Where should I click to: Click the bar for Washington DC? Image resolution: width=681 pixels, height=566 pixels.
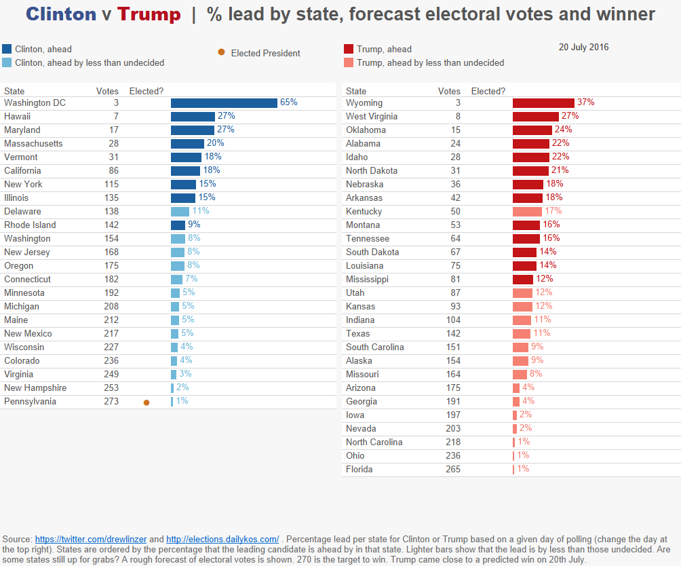[224, 103]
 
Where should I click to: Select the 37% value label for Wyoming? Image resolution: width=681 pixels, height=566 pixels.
[585, 102]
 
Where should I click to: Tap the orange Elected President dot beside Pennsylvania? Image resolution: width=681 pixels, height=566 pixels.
[147, 402]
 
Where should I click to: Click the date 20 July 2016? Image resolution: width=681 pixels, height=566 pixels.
[583, 48]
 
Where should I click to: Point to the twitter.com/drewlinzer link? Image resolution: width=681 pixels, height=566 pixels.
[91, 540]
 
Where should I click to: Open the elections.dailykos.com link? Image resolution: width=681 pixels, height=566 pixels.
[222, 540]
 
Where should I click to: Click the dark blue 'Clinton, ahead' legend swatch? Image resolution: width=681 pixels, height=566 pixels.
[7, 49]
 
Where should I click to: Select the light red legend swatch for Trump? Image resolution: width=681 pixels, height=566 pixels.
[349, 62]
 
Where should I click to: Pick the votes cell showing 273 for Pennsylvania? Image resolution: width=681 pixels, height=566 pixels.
[111, 402]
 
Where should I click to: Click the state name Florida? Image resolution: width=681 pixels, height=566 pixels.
[359, 470]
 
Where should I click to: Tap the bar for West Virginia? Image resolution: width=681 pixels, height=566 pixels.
[535, 117]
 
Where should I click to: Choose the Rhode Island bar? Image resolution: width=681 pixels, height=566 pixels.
[178, 225]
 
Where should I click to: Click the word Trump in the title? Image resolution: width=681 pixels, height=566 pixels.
[149, 14]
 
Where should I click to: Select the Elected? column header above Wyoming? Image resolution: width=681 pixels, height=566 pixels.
[488, 91]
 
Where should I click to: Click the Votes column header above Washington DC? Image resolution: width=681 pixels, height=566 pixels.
[107, 91]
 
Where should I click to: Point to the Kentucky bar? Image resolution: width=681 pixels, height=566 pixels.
[527, 212]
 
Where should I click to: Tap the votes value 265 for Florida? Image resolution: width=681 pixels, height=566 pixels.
[452, 470]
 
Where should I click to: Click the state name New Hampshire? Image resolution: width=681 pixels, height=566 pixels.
[35, 388]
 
